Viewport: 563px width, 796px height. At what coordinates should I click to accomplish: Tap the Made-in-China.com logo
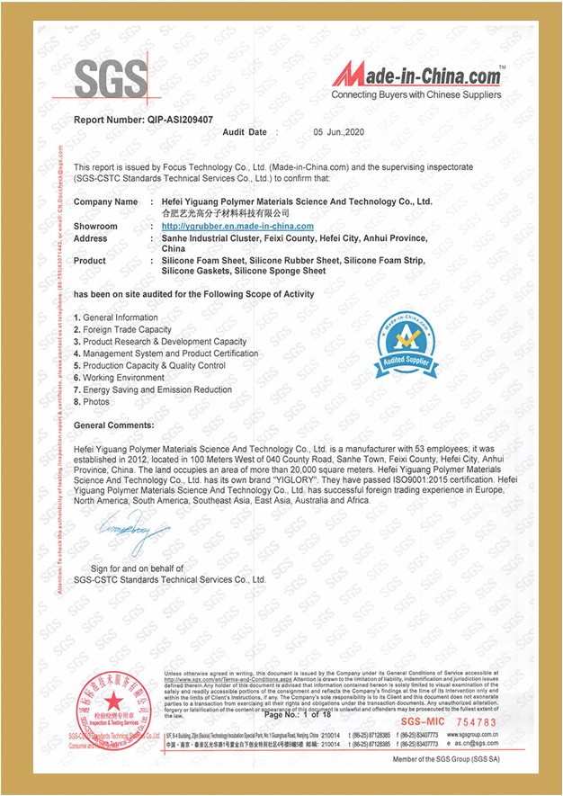click(x=416, y=78)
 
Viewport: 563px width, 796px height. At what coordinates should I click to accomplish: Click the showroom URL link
click(x=237, y=227)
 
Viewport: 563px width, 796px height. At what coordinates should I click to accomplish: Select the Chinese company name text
click(x=226, y=214)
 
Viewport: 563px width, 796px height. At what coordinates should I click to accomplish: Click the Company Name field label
click(x=106, y=202)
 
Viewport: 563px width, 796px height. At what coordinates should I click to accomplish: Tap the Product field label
click(x=90, y=261)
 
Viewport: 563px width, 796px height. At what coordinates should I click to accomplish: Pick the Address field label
click(x=91, y=238)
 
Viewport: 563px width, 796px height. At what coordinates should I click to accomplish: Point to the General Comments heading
click(x=113, y=425)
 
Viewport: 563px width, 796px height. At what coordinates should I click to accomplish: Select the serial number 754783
click(x=474, y=721)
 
